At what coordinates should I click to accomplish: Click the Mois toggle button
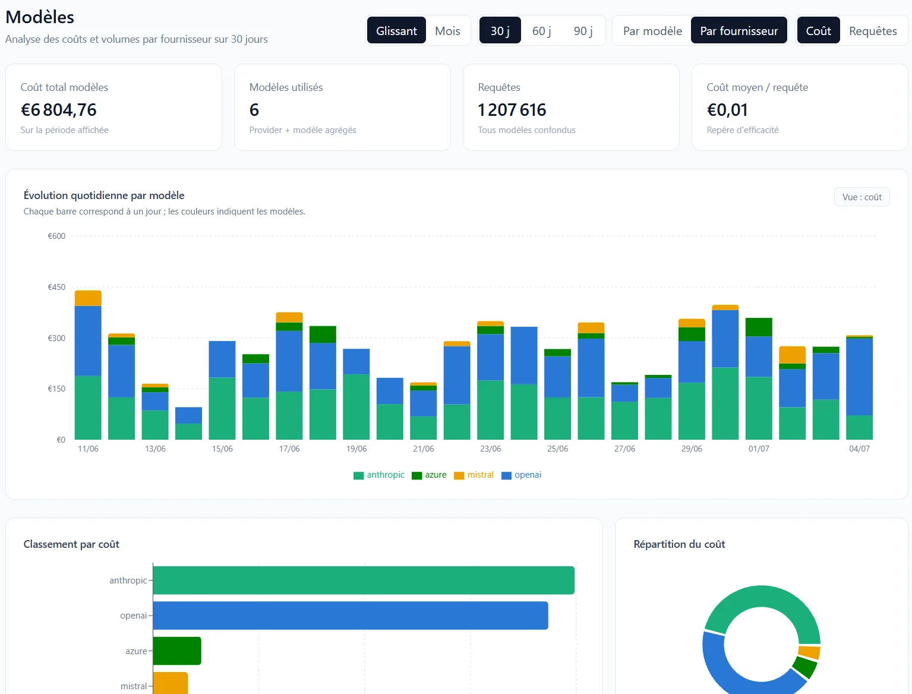click(447, 31)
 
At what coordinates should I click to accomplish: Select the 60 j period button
click(541, 31)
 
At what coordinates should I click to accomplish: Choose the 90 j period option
click(582, 31)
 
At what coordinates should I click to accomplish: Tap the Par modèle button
click(652, 31)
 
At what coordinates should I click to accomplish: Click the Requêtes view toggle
click(872, 31)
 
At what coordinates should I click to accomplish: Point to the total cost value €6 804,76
click(59, 110)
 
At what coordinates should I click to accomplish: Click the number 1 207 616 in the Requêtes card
click(512, 110)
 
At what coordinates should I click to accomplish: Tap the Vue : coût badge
click(861, 197)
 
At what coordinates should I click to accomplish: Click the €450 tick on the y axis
click(56, 287)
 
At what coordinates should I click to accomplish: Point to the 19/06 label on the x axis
click(356, 449)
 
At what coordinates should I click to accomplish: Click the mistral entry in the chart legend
click(474, 475)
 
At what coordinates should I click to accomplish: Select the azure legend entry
click(429, 475)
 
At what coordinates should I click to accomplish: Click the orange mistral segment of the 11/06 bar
click(88, 298)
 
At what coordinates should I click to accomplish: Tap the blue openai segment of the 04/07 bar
click(859, 377)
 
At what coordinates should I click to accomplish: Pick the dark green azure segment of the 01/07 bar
click(758, 327)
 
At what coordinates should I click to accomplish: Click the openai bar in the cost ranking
click(351, 616)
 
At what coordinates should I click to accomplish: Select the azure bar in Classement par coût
click(177, 651)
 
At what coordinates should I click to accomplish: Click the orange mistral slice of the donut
click(809, 652)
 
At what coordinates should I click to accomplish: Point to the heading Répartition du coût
click(679, 544)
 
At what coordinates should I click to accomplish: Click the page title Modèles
click(40, 17)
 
